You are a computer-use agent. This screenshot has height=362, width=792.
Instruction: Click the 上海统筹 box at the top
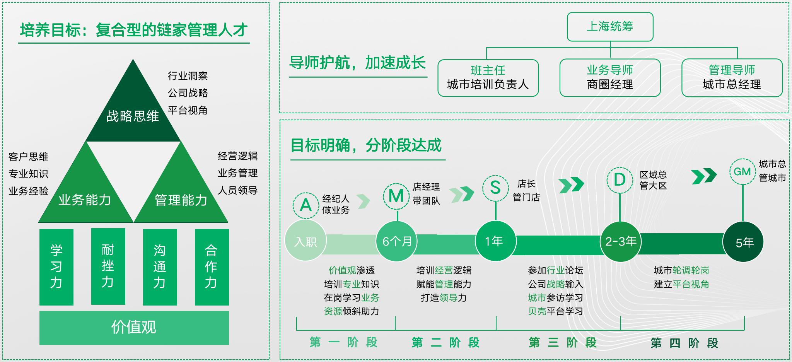(610, 27)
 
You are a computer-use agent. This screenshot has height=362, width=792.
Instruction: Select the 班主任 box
(488, 78)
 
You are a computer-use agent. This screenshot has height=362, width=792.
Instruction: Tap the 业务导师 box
(610, 78)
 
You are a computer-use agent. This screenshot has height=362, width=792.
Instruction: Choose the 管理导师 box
(732, 78)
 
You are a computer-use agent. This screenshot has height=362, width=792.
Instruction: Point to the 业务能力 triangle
(86, 193)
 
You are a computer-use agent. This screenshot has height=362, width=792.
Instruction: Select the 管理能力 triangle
(181, 193)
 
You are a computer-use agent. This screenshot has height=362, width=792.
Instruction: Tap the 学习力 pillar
(56, 267)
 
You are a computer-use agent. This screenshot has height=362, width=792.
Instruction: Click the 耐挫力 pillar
(108, 266)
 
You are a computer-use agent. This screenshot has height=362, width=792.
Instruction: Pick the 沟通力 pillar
(160, 267)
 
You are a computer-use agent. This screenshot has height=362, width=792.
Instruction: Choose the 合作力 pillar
(212, 267)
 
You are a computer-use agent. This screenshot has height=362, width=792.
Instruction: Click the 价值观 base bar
(134, 328)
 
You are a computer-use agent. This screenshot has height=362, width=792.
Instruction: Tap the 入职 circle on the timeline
(306, 241)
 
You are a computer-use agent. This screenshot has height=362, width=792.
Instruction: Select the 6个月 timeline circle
(397, 241)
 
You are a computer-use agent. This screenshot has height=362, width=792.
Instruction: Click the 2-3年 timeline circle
(621, 241)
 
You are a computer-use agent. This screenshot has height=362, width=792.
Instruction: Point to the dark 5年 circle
(743, 242)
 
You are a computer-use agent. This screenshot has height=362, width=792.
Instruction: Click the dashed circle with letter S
(495, 188)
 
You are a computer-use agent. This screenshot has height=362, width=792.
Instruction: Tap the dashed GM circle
(742, 171)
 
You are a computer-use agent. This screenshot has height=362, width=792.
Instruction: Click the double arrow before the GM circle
(704, 176)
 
